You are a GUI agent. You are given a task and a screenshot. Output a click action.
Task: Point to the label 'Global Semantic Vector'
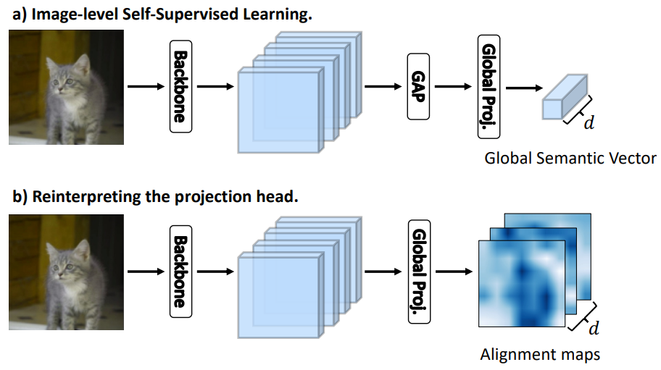[x=570, y=157]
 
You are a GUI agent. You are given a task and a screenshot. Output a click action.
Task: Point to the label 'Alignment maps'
[x=540, y=354]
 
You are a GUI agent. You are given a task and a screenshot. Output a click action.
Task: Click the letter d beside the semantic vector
[x=589, y=123]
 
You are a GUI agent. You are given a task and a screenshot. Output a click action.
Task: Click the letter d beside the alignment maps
[x=594, y=329]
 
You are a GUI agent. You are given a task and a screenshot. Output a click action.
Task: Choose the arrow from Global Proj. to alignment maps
[x=453, y=272]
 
